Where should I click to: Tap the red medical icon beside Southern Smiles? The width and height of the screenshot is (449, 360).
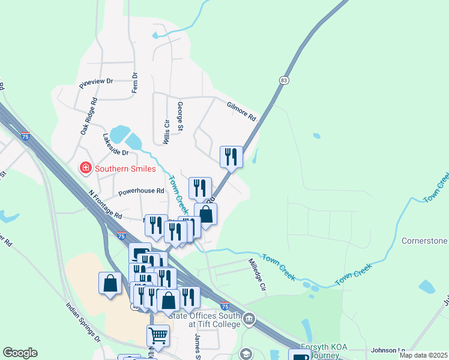[85, 168]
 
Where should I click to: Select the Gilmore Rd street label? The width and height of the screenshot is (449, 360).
[241, 110]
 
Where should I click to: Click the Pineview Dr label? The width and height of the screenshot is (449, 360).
[95, 82]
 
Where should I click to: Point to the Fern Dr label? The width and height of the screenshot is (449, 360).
[134, 82]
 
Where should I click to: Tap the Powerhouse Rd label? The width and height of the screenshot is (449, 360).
[141, 192]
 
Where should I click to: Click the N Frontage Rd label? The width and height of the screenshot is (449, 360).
[104, 205]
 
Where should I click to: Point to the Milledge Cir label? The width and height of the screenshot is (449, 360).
[257, 274]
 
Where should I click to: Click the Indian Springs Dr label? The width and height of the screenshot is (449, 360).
[83, 322]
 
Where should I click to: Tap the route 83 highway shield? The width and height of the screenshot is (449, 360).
[284, 80]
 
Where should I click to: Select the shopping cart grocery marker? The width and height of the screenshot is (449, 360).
[158, 335]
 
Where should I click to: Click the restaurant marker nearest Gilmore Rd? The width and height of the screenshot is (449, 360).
[231, 157]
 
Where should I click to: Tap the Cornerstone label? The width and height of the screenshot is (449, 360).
[424, 241]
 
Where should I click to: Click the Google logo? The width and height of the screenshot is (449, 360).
[20, 353]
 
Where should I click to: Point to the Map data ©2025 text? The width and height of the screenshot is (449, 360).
[423, 355]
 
